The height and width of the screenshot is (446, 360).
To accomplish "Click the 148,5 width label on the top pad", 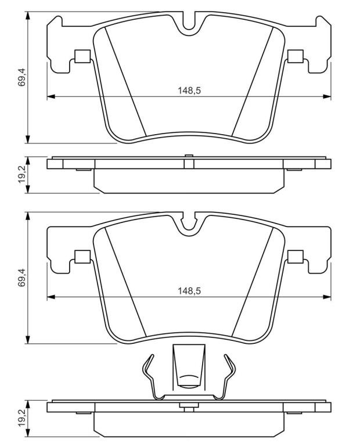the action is (x=189, y=91).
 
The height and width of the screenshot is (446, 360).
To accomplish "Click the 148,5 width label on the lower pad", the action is (x=189, y=291).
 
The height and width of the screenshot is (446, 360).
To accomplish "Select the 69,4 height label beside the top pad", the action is (x=22, y=77).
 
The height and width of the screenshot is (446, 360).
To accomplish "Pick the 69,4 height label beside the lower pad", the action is (x=22, y=278).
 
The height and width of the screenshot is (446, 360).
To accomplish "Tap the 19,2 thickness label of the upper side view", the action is (x=22, y=175).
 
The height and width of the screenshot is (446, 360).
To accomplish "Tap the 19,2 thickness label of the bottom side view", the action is (x=22, y=418).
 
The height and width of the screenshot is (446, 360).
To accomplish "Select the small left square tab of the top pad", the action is (x=82, y=56).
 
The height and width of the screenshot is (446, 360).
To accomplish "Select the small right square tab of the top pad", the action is (x=296, y=56).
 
